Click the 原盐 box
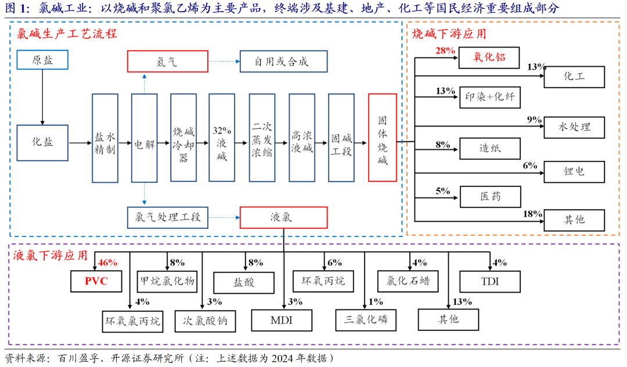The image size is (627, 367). pyautogui.click(x=42, y=60)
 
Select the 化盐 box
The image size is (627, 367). pyautogui.click(x=42, y=143)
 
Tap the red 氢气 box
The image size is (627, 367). pyautogui.click(x=168, y=61)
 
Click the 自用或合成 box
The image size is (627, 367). pyautogui.click(x=283, y=61)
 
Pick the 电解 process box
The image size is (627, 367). pyautogui.click(x=145, y=138)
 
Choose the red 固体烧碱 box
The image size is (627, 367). pyautogui.click(x=382, y=138)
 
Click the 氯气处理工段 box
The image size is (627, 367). pyautogui.click(x=168, y=218)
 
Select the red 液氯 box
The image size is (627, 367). pyautogui.click(x=283, y=218)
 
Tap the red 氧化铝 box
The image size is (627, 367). pyautogui.click(x=489, y=57)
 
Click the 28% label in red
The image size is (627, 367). pyautogui.click(x=445, y=51)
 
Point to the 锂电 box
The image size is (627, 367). pyautogui.click(x=574, y=171)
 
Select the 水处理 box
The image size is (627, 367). pyautogui.click(x=574, y=127)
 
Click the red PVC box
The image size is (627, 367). pyautogui.click(x=96, y=281)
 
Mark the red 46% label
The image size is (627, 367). pyautogui.click(x=107, y=262)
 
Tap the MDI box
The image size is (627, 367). pyautogui.click(x=282, y=320)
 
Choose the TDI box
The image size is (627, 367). pyautogui.click(x=490, y=282)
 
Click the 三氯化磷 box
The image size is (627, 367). pyautogui.click(x=366, y=320)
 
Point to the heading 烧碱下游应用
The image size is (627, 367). pyautogui.click(x=449, y=34)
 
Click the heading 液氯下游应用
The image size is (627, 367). pyautogui.click(x=50, y=256)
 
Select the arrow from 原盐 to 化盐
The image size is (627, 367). pyautogui.click(x=42, y=97)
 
